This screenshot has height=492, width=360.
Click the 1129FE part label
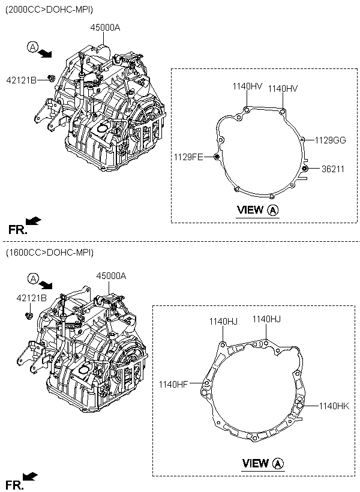tap(188, 157)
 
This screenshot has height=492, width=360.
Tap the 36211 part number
tap(332, 169)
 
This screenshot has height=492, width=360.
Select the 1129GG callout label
tap(330, 140)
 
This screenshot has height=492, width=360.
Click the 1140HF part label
tap(173, 384)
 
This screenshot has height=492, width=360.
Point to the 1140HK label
tap(334, 406)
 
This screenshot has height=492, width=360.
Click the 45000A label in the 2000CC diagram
tap(105, 28)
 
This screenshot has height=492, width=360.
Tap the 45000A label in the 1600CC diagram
tap(111, 276)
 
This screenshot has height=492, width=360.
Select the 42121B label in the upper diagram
tap(22, 80)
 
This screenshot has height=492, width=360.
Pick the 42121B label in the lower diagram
tap(31, 298)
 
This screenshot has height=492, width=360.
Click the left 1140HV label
tap(247, 86)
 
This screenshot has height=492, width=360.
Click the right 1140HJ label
tap(266, 319)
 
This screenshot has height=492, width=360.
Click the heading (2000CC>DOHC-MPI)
tap(49, 10)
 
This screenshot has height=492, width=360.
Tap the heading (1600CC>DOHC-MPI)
tap(50, 253)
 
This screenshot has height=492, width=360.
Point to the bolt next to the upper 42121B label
tap(51, 77)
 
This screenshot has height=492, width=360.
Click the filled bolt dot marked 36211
tap(304, 169)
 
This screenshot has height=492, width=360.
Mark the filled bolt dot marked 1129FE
tap(216, 157)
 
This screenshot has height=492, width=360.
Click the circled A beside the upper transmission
tap(32, 47)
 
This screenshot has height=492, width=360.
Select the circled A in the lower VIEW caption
tap(278, 463)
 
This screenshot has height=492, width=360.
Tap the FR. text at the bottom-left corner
tap(15, 485)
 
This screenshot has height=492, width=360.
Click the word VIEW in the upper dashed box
tap(250, 209)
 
